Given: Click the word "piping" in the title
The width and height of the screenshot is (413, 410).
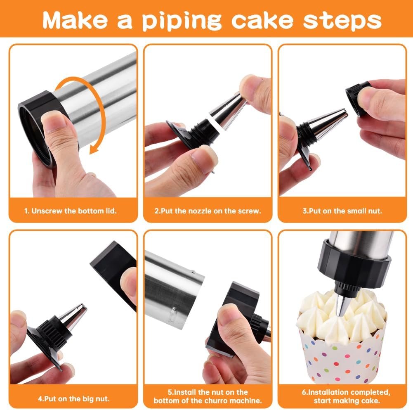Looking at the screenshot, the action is point(182,21).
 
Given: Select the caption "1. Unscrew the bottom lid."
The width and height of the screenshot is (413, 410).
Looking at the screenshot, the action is point(70,211).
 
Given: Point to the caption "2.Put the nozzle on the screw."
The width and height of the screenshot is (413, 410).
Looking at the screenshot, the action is point(208,211).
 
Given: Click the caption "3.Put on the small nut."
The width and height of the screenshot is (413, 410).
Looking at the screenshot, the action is point(342,211).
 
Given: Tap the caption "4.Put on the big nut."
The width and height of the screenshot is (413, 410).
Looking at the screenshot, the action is point(73,399).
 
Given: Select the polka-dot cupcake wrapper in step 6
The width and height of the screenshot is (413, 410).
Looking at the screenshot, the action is point(342,356).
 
